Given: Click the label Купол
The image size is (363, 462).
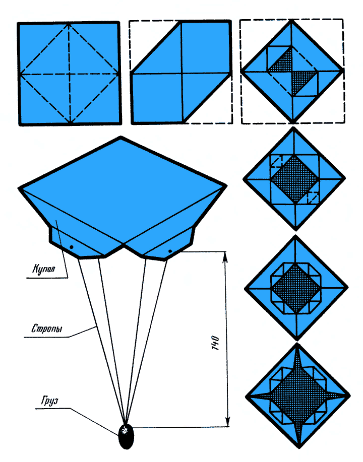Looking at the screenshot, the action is (43, 269).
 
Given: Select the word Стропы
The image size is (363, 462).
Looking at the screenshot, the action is (47, 328).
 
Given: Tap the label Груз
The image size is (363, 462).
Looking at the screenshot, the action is (49, 401).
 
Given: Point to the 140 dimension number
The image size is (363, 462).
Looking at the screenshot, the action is (216, 343).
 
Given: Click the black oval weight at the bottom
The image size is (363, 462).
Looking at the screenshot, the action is (126, 437).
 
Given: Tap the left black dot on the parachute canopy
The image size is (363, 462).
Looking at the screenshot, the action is (71, 247).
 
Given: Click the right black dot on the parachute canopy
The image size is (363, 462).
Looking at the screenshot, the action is (170, 251).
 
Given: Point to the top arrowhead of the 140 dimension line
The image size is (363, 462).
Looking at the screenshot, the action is (225, 256).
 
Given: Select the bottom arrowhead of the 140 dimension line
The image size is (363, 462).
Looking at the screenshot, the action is (227, 421).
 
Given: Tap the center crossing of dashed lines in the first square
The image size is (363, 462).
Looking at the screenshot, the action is (70, 74).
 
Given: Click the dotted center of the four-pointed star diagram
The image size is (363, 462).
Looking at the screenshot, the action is (298, 395).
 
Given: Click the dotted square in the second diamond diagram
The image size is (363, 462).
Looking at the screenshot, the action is (294, 179).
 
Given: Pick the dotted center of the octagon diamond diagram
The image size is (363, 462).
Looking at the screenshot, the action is (296, 288).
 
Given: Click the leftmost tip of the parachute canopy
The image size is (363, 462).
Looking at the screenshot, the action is (20, 188).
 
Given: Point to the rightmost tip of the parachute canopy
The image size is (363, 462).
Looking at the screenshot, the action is (226, 185).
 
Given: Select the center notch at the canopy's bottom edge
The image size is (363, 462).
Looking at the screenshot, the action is (125, 244).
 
